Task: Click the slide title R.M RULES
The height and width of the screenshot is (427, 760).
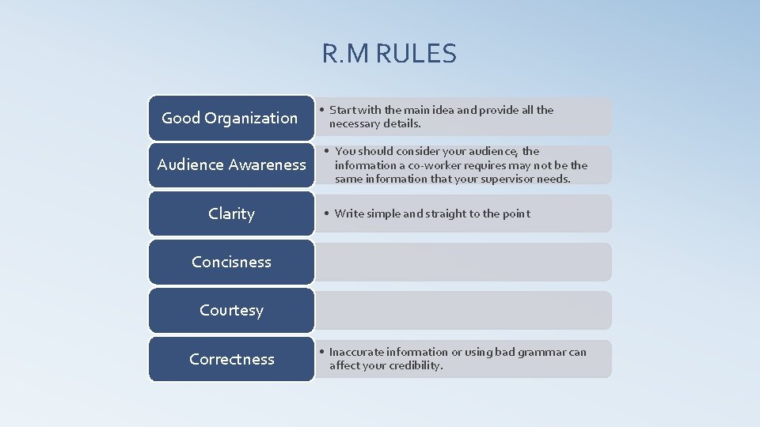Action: coord(389,54)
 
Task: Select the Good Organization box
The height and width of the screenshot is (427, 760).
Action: coord(230,118)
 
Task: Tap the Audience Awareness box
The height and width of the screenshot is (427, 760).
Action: coord(231,164)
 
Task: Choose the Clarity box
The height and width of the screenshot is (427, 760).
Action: coord(231,213)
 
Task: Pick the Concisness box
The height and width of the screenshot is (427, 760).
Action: coord(231,262)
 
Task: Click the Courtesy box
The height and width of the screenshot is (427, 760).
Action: coord(231,310)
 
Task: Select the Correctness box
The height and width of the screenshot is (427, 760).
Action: coord(231,359)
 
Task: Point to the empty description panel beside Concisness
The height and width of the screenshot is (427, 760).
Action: coord(463,262)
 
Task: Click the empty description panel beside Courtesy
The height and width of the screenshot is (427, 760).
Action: coord(463,310)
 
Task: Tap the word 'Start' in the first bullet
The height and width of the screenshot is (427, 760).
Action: coord(344,110)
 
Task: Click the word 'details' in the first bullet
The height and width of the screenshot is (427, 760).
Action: coord(401,123)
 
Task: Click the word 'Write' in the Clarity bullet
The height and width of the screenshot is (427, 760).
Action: coord(349,213)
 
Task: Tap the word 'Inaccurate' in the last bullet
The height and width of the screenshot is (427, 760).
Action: coord(359,352)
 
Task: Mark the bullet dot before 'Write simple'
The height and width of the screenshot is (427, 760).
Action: coord(326,213)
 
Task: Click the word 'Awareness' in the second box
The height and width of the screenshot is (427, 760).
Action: coord(267,164)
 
